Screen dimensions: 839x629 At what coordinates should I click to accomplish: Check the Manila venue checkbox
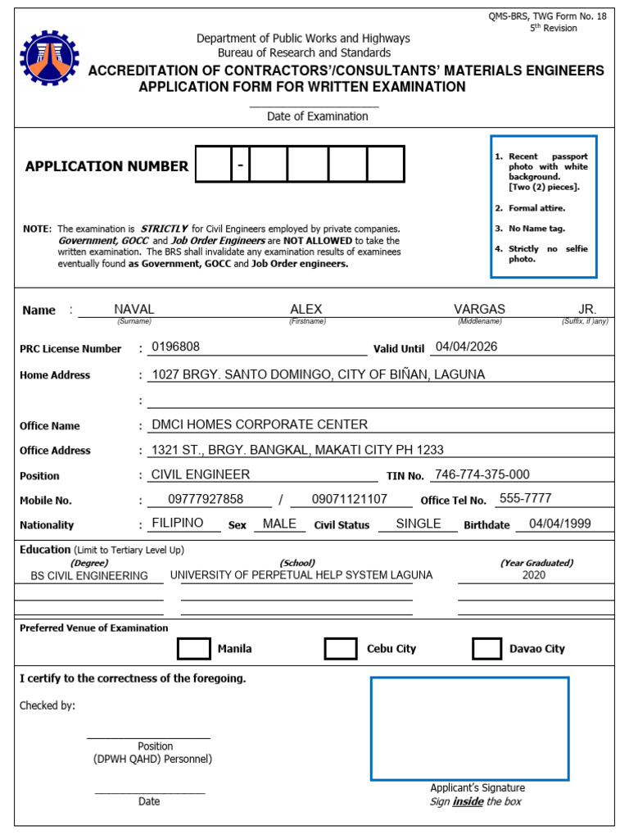pos(194,648)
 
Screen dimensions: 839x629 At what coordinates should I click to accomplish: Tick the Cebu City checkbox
pos(340,648)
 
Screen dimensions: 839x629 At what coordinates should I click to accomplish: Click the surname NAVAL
pos(134,309)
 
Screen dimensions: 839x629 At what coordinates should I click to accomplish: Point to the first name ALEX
pos(306,309)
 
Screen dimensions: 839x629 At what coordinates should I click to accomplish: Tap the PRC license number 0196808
pos(175,347)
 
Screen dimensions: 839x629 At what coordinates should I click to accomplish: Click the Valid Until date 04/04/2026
pos(466,347)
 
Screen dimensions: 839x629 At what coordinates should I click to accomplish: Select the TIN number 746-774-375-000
pos(481,474)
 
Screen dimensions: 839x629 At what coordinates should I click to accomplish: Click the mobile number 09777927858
pos(206,499)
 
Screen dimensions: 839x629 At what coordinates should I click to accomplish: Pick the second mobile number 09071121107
pos(351,499)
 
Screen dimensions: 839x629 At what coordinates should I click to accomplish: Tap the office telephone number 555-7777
pos(525,498)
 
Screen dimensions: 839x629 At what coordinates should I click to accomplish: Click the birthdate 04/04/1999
pos(559,524)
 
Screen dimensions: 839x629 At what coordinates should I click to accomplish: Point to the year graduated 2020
pos(533,575)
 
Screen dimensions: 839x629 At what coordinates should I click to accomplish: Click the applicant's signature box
pos(469,728)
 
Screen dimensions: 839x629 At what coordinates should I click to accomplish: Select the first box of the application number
pos(212,164)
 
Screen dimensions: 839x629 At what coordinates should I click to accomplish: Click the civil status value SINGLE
pos(418,524)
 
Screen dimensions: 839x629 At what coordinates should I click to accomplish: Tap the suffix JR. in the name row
pos(587,309)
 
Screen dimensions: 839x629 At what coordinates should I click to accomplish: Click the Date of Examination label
pos(317,116)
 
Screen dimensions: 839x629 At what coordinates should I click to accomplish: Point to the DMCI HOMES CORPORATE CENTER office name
pos(260,424)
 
